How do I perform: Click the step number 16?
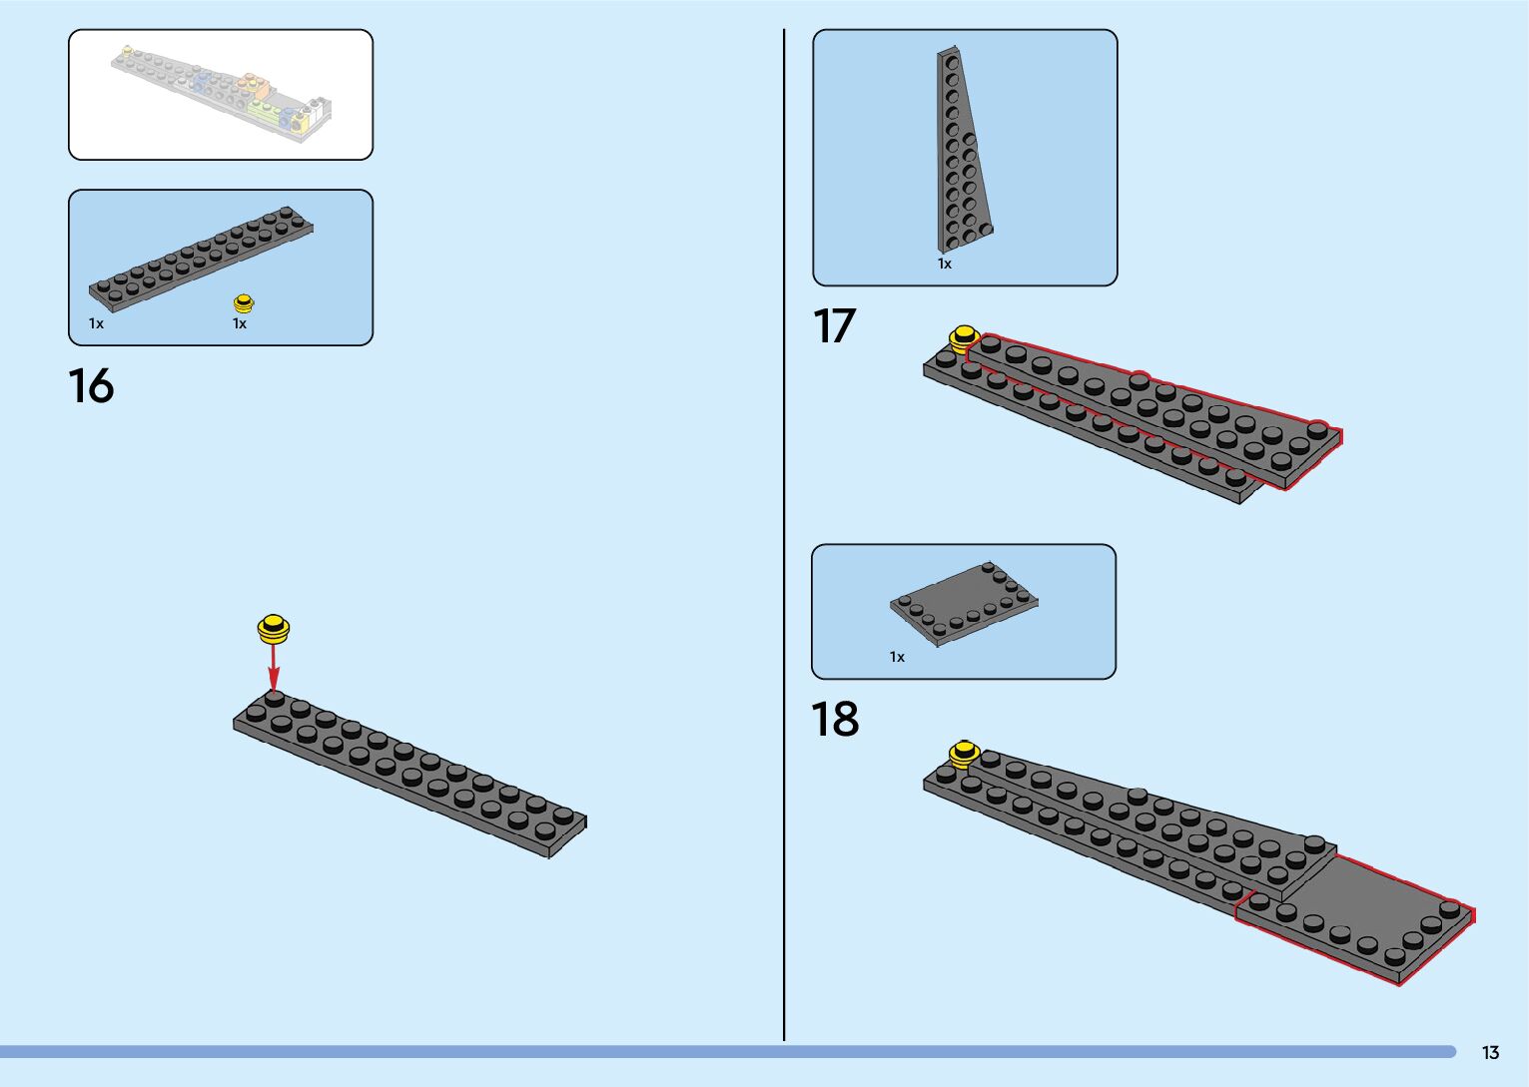pos(91,386)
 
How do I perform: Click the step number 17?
pos(834,326)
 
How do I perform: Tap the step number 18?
pos(835,719)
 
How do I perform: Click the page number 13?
pos(1490,1053)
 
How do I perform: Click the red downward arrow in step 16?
pos(274,664)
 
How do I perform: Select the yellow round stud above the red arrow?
pos(274,628)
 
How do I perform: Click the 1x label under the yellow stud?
pos(240,323)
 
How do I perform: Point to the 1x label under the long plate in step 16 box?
pos(96,323)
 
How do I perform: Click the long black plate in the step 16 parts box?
pos(200,257)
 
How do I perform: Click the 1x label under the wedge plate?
pos(945,264)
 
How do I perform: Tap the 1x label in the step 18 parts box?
pos(897,657)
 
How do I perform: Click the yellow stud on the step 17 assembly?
pos(963,337)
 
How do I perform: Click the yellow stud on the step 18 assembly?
pos(964,753)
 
